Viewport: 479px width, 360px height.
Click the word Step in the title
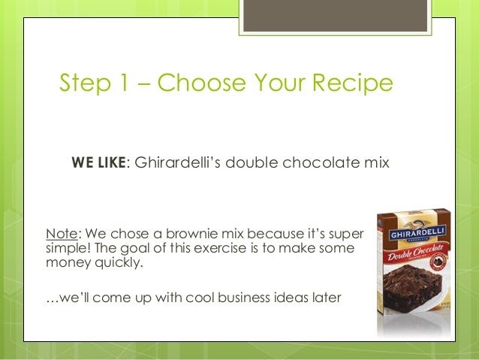[x=85, y=83]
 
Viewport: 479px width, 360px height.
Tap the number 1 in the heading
[x=124, y=82]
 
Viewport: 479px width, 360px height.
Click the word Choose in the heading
[x=202, y=82]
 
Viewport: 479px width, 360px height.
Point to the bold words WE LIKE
[x=98, y=162]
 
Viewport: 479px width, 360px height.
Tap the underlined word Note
[x=62, y=234]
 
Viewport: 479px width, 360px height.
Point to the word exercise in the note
[x=220, y=248]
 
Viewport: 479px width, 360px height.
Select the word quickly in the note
[x=119, y=262]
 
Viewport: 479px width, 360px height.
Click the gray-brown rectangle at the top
[x=335, y=16]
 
